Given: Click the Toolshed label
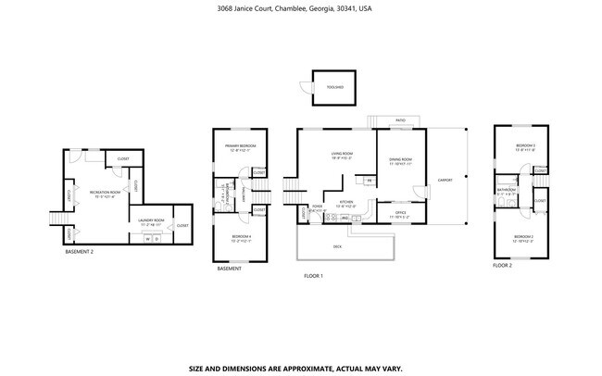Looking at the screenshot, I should tap(334, 87).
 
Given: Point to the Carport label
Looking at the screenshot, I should tap(445, 181).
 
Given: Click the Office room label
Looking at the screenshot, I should tap(401, 214).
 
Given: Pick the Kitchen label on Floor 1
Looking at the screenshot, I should tap(345, 203).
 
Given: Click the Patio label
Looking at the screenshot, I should tap(400, 121).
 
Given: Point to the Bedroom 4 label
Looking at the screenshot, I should tap(240, 237).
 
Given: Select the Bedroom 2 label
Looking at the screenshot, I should tap(523, 238).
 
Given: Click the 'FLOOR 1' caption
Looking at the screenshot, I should tap(313, 276).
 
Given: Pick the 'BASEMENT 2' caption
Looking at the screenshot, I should tap(80, 251).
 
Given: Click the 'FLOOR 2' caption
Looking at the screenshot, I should tap(501, 265).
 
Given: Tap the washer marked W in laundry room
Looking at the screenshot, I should tap(146, 237).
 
